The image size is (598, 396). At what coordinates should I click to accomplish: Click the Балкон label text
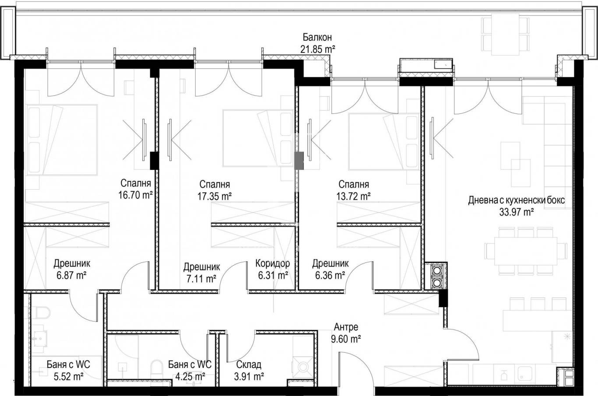(x=317, y=37)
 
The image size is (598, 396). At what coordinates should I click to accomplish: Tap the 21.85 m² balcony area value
(x=318, y=49)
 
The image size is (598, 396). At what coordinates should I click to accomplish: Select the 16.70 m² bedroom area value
(x=135, y=195)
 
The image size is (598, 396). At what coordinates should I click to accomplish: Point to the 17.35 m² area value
(x=215, y=196)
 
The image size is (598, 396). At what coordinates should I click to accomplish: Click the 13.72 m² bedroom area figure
(x=353, y=196)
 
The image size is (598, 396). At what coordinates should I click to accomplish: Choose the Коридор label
(x=273, y=263)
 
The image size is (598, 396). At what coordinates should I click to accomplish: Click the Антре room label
(x=346, y=327)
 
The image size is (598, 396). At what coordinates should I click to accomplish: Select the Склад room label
(x=249, y=364)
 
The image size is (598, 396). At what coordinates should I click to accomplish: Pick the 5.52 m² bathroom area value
(x=69, y=377)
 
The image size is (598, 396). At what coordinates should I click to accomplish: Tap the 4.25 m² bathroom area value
(x=190, y=377)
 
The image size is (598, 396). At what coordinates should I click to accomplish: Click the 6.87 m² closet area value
(x=71, y=275)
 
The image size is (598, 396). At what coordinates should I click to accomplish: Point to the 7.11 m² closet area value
(x=201, y=279)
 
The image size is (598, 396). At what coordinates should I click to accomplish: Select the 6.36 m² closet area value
(x=330, y=275)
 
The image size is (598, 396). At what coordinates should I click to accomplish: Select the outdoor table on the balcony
(x=505, y=35)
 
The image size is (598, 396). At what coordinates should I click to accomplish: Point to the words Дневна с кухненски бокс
(x=517, y=200)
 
